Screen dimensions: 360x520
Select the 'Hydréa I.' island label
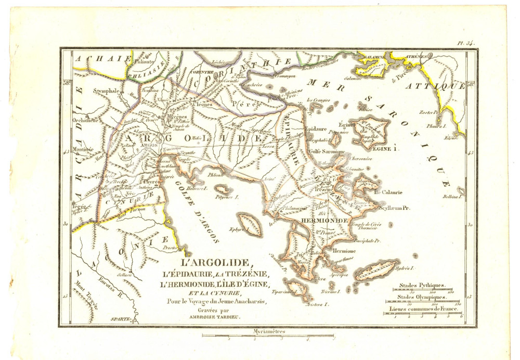point(404,269)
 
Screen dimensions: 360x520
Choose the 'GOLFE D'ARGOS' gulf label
point(198,208)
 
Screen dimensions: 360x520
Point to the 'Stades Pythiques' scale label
point(422,286)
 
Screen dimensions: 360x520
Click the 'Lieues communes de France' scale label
point(422,309)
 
